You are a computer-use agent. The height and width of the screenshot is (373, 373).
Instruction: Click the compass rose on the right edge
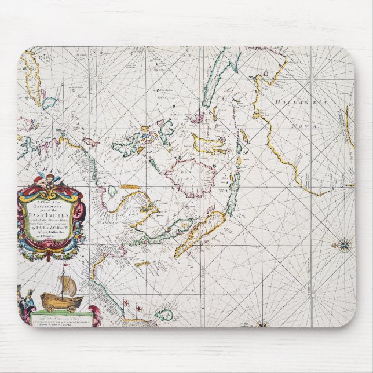click(x=342, y=244)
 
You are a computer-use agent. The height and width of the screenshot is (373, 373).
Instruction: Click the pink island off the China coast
click(x=90, y=141)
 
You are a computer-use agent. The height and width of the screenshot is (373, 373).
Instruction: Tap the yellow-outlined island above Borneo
click(x=208, y=142)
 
